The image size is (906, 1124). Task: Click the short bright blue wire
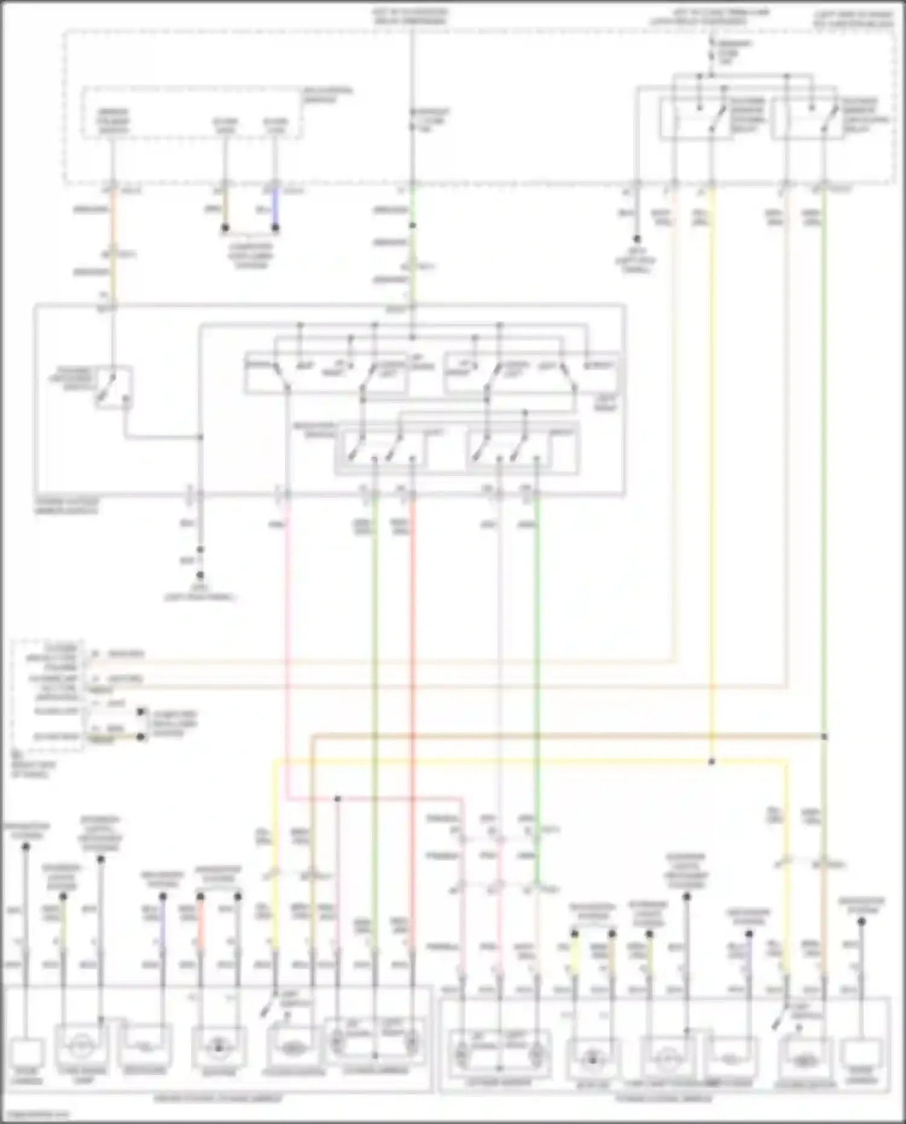point(275,207)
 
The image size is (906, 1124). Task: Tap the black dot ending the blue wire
point(275,228)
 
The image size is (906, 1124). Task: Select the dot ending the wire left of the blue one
point(225,228)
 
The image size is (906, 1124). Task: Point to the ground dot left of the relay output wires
point(636,239)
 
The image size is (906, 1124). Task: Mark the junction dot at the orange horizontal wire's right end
point(824,737)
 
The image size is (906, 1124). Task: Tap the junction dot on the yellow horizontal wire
point(712,762)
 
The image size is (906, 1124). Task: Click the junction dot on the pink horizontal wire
point(338,798)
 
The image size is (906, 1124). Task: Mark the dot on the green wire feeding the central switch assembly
point(413,225)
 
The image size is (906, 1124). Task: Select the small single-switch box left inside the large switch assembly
point(114,387)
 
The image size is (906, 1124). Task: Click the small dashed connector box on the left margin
point(47,695)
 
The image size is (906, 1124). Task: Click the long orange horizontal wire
point(568,736)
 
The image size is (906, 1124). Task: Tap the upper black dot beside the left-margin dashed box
point(141,712)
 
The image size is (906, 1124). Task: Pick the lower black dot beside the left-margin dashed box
point(141,737)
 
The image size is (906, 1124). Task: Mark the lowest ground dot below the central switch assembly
point(200,575)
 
